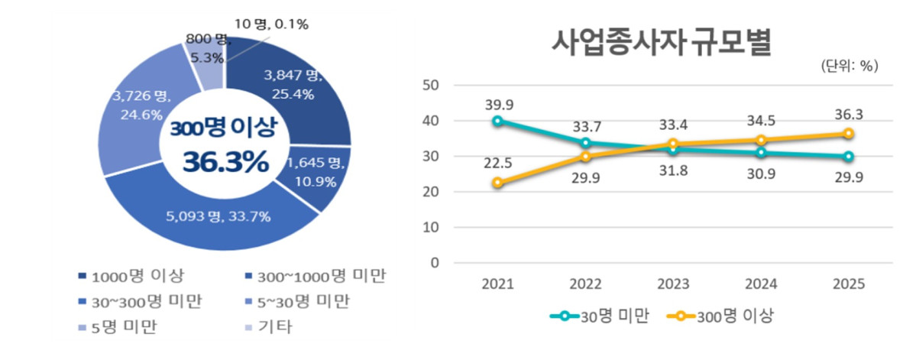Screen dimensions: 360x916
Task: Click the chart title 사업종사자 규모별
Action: click(662, 43)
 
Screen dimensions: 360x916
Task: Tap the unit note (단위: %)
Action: click(849, 66)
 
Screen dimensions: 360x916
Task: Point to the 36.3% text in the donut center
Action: click(225, 161)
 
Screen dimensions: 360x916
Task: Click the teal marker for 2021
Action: click(498, 121)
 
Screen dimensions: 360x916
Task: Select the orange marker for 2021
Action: click(498, 183)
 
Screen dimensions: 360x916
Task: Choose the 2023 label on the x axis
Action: click(672, 284)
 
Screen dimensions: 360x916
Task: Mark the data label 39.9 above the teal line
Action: click(498, 103)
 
